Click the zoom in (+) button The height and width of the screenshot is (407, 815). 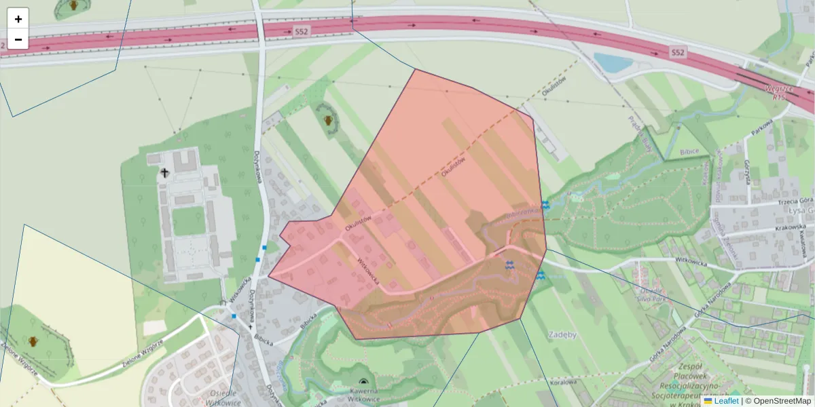coord(18,19)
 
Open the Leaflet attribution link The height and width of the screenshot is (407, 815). coord(726,401)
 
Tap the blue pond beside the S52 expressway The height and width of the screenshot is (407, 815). coord(614,62)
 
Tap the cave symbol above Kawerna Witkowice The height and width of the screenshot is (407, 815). coord(363,383)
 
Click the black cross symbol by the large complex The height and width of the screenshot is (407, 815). coord(164,173)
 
